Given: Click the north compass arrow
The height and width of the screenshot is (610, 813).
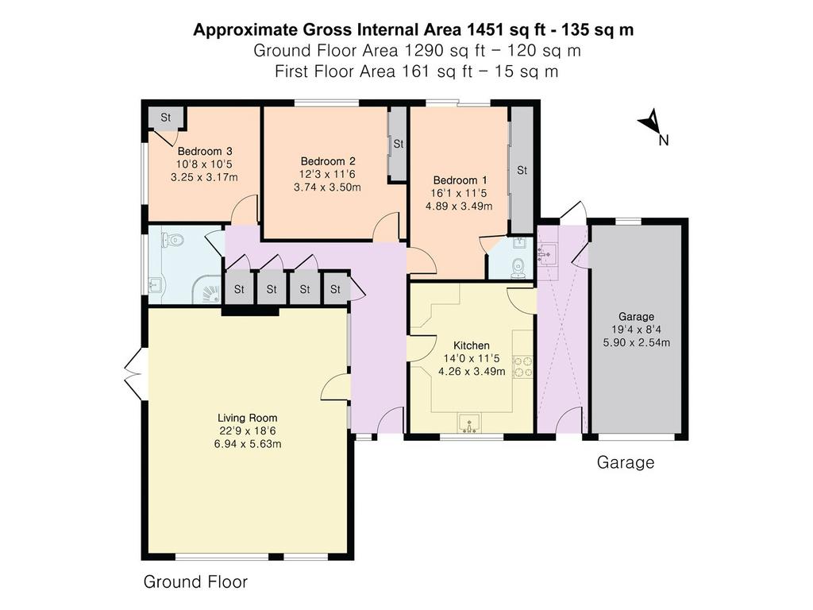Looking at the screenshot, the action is (650, 122).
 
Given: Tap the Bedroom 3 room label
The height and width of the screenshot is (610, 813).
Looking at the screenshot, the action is (205, 152).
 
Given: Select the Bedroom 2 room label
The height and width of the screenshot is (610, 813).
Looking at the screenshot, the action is (328, 161).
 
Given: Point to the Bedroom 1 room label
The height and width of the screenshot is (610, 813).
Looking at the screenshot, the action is (460, 180).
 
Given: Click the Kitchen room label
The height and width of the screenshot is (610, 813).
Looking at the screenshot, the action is (472, 346).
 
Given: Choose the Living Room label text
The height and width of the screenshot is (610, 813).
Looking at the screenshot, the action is (248, 418).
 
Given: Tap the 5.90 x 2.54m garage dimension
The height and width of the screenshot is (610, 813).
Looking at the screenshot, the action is (636, 342).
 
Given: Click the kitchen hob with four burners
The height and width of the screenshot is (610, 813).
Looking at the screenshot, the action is (522, 365).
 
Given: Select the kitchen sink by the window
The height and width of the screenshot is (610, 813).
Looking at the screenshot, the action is (470, 423).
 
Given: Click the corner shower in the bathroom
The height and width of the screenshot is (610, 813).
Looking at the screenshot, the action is (210, 292).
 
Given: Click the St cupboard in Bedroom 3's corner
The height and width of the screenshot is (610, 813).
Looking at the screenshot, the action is (166, 118).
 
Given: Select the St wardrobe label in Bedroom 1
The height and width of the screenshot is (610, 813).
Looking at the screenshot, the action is (522, 170).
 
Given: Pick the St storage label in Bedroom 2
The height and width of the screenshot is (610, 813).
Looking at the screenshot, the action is (399, 144).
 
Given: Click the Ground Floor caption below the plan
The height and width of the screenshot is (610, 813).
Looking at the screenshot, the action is (195, 581).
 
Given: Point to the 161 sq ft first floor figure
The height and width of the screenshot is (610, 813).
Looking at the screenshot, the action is (437, 71).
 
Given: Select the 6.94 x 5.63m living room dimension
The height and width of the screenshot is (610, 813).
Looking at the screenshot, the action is (248, 444).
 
